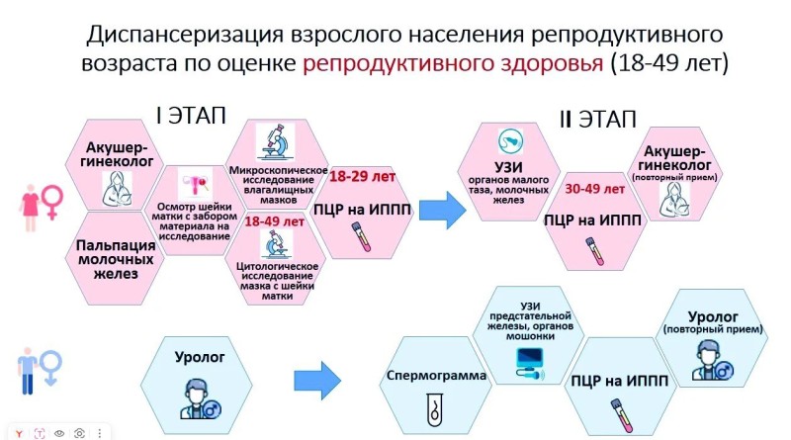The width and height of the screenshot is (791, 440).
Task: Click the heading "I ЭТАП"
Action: (191, 115)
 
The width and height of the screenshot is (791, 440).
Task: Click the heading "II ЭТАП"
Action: (598, 120)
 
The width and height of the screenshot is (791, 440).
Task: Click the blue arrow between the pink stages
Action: (440, 209)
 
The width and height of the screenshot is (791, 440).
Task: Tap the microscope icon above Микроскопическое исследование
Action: (276, 142)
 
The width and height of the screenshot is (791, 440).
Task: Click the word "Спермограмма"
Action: (428, 377)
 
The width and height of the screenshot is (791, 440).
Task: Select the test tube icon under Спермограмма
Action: (432, 407)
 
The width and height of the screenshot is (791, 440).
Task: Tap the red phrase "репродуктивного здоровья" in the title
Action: (454, 64)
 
